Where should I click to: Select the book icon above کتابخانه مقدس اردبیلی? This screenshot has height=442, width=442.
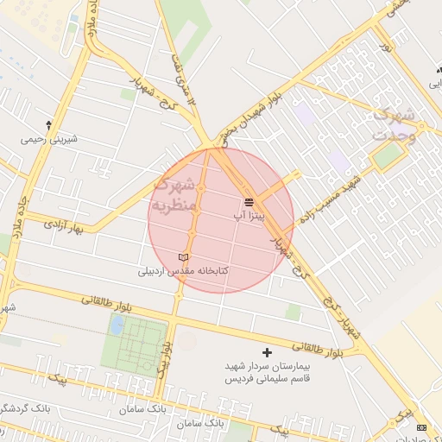182,258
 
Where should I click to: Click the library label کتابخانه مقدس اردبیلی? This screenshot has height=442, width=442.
182,271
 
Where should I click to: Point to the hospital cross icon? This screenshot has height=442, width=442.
267,352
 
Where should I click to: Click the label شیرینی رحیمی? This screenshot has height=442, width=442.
47,138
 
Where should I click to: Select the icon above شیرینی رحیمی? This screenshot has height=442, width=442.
47,126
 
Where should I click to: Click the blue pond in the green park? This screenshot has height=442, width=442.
116,325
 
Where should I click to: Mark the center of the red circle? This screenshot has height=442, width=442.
221,220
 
